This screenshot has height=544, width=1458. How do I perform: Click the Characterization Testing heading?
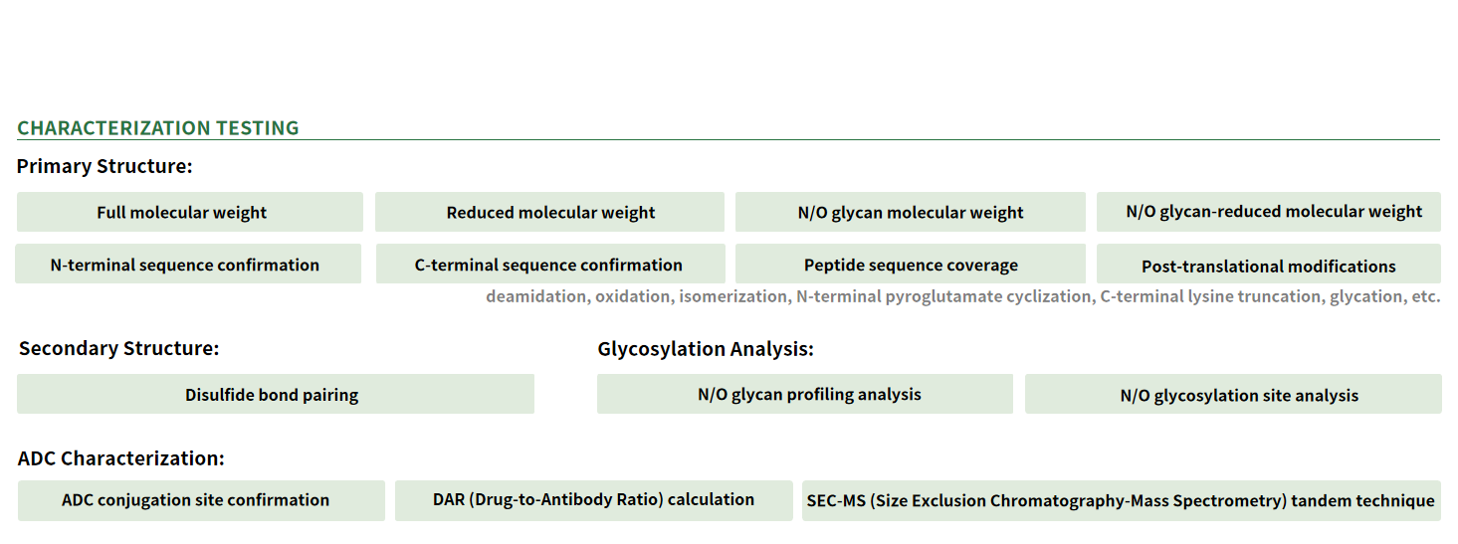pos(157,127)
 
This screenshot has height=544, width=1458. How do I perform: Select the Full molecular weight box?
pos(190,212)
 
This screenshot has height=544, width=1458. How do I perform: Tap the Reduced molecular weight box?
pos(549,212)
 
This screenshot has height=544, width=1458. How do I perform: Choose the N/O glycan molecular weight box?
pos(911,212)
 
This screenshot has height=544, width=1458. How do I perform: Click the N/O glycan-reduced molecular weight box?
pos(1269,212)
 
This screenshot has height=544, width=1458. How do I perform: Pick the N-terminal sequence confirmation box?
pos(188,264)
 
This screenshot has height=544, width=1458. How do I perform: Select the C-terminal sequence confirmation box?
pos(550,264)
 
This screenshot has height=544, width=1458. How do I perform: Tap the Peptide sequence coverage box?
pos(911,264)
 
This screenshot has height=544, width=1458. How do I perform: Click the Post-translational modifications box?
pos(1269,264)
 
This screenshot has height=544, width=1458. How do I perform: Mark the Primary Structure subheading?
pos(104,166)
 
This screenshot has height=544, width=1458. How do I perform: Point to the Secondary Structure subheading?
pos(119,348)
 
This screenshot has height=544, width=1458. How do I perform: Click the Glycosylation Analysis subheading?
pos(706,349)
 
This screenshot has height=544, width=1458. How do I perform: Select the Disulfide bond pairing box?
pos(276,394)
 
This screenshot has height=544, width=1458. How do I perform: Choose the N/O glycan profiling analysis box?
pos(805,394)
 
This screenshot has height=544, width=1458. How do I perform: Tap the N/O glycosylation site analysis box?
pos(1233,394)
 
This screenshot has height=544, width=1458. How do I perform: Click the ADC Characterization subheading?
pos(121,458)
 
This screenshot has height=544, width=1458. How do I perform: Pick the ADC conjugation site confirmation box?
pos(201,500)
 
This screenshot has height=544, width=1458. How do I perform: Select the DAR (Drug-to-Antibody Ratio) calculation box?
pos(593,500)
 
